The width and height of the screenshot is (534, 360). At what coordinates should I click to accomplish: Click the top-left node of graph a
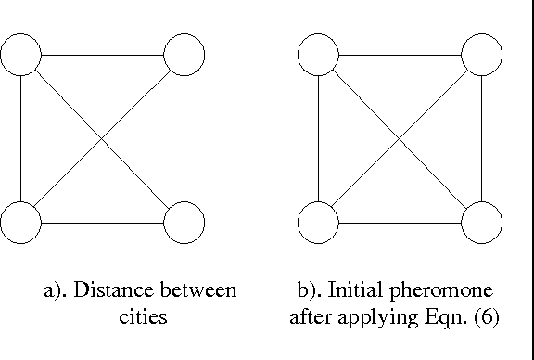coord(20,56)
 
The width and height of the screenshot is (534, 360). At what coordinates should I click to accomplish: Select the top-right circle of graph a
coord(183,56)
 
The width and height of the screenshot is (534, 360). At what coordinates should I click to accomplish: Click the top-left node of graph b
coord(318,56)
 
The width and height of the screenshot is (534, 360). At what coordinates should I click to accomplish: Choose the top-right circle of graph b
coord(481,56)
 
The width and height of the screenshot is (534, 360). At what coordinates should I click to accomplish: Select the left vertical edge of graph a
coord(20,139)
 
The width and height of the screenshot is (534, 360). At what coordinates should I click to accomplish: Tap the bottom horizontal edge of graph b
coord(400,223)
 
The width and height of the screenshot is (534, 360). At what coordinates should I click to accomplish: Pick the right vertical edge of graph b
coord(481,139)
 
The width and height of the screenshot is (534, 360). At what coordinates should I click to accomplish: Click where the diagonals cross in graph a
coord(102,139)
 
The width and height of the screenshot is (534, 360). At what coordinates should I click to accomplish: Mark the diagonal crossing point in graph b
coord(400,139)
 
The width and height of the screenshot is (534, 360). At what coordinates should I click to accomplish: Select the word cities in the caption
coord(143,316)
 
